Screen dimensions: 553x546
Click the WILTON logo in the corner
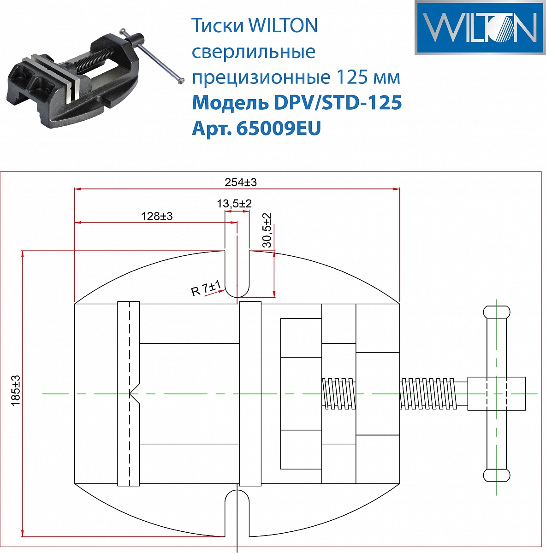480,28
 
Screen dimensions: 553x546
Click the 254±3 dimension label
240,182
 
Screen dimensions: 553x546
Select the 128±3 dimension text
157,216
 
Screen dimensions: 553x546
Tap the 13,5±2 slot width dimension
234,203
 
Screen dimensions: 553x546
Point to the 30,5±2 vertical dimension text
267,230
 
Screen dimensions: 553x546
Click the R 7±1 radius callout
207,289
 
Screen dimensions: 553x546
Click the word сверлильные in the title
253,52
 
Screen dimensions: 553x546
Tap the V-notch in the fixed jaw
134,394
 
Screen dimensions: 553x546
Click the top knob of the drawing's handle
496,312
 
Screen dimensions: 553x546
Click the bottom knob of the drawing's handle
496,475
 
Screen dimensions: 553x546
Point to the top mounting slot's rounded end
237,290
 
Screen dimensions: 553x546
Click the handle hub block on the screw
496,394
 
